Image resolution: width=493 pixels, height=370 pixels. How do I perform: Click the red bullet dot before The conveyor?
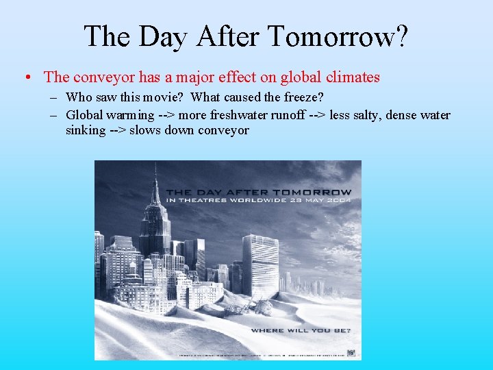pos(26,78)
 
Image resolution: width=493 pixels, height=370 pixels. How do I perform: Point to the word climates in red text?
pos(351,77)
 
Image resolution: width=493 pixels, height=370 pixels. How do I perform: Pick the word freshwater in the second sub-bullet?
pos(236,114)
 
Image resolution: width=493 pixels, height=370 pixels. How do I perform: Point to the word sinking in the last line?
pos(86,129)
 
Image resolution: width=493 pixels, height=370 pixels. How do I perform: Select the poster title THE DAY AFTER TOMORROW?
pos(259,192)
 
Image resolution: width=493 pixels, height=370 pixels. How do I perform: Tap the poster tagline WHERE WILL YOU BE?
pos(301,330)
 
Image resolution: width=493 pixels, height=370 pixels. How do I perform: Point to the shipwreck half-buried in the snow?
pos(257,304)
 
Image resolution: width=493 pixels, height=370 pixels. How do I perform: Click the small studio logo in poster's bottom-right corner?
pos(351,354)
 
